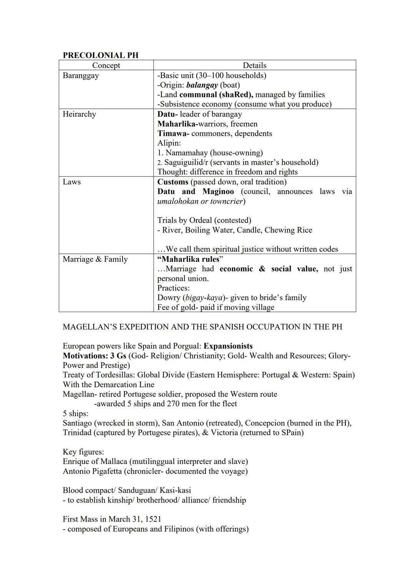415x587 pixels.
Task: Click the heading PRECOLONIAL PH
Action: coord(100,55)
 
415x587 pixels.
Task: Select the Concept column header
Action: coord(106,65)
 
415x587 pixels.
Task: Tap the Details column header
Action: coord(254,65)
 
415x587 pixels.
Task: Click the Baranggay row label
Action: coord(81,75)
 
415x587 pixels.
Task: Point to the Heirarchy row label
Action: coord(79,114)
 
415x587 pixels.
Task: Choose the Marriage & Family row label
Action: coord(95,259)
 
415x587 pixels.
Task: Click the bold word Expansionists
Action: coord(228,346)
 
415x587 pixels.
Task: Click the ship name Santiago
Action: coord(77,423)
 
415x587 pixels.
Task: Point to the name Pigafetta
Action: coord(111,471)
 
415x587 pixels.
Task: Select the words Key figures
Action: coord(83,452)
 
